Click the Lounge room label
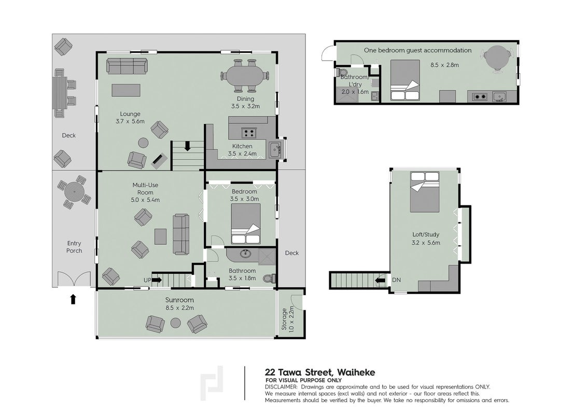pos(130,114)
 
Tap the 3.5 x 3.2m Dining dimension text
pos(246,106)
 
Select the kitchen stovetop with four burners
pos(248,132)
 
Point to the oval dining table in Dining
pos(246,76)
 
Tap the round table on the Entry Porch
pos(75,192)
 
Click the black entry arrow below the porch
pos(74,299)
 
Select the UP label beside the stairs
pos(147,280)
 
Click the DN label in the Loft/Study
pos(397,280)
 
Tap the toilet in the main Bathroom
pos(270,278)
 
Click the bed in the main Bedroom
pos(246,224)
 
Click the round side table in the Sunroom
pos(176,323)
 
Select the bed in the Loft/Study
pos(425,192)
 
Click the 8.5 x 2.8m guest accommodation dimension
pos(444,65)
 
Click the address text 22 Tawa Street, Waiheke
pos(320,372)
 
